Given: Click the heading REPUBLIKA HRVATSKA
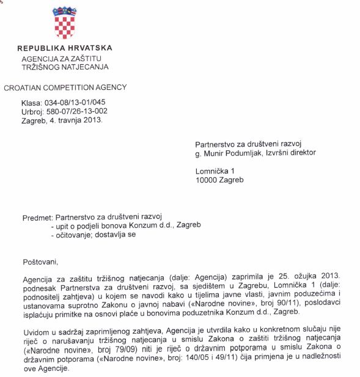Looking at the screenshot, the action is click(65, 48).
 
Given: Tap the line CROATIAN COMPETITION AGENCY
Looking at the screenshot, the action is click(65, 88).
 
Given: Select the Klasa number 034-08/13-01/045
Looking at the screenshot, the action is click(76, 103).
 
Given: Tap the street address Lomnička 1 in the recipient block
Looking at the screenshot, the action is click(215, 171).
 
